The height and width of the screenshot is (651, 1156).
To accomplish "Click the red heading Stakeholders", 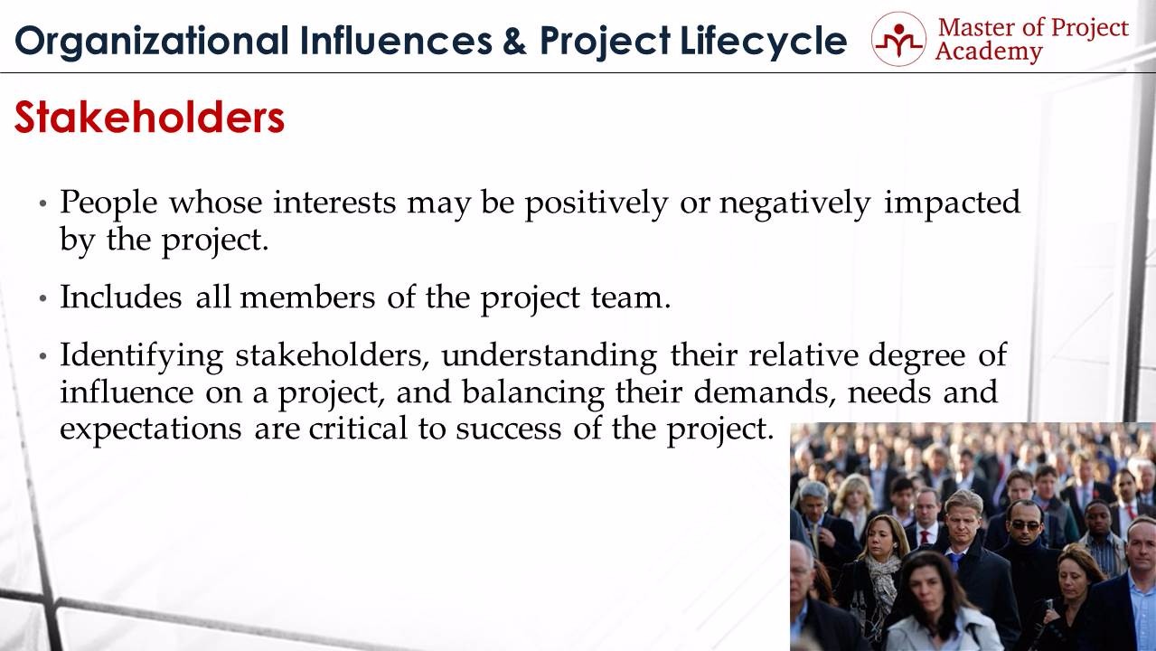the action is click(x=150, y=118).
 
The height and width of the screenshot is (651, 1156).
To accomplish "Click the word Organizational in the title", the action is click(x=152, y=42).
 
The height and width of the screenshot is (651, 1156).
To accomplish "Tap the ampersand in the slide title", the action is click(x=514, y=41).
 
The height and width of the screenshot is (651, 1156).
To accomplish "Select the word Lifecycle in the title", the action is click(x=763, y=42).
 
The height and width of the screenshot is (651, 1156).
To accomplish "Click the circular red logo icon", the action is click(x=898, y=39).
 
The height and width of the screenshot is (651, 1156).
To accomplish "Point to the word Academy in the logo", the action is click(x=989, y=52).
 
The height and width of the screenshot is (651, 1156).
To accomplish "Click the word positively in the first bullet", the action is click(x=597, y=203).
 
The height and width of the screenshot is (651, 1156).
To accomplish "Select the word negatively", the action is click(x=795, y=203).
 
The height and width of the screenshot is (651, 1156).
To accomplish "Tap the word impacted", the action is click(x=952, y=203).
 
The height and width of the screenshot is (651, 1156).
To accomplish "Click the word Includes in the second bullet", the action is click(x=121, y=297).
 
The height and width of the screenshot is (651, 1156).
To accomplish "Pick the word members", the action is click(x=307, y=297).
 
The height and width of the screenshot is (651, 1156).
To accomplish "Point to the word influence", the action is click(x=127, y=392).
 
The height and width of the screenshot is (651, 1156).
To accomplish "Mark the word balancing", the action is click(x=532, y=393).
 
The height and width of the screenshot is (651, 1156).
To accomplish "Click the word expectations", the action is click(x=151, y=429).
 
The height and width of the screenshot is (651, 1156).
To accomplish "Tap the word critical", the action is click(x=358, y=429).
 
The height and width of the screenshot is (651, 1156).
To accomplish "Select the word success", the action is click(x=508, y=429).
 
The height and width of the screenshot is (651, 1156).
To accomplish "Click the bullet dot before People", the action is click(x=42, y=203).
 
